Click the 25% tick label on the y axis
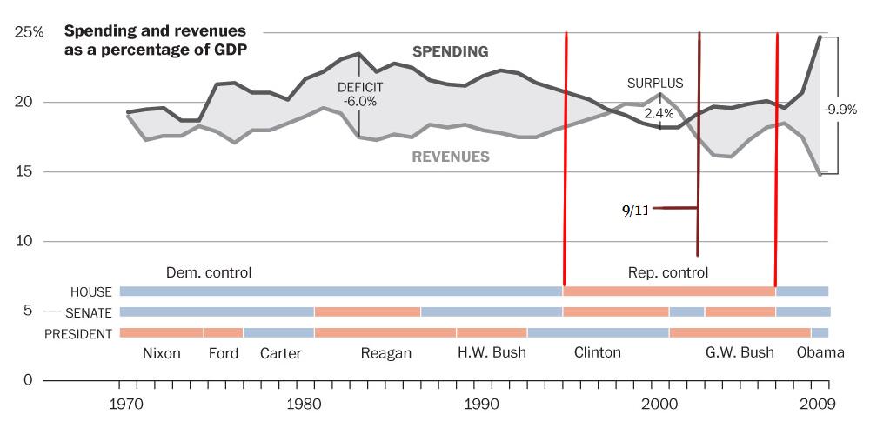pyautogui.click(x=29, y=32)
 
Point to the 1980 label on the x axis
pyautogui.click(x=304, y=404)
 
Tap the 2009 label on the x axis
pyautogui.click(x=818, y=404)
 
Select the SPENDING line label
pyautogui.click(x=450, y=52)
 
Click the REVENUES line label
pyautogui.click(x=450, y=157)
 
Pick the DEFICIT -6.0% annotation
pyautogui.click(x=360, y=94)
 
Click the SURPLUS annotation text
pyautogui.click(x=655, y=84)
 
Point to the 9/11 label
pyautogui.click(x=635, y=209)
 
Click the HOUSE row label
pyautogui.click(x=91, y=291)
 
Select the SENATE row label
pyautogui.click(x=89, y=312)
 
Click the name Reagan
pyautogui.click(x=385, y=353)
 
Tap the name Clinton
pyautogui.click(x=598, y=353)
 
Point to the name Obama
pyautogui.click(x=820, y=353)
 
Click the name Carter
pyautogui.click(x=280, y=353)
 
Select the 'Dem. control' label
pyautogui.click(x=209, y=272)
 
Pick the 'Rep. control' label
pyautogui.click(x=668, y=272)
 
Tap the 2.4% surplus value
pyautogui.click(x=659, y=112)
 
